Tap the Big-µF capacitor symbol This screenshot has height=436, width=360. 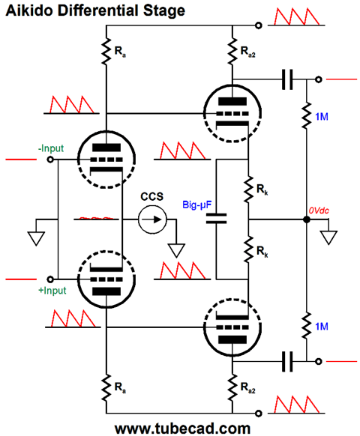pos(216,219)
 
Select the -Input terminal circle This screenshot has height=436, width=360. pos(50,160)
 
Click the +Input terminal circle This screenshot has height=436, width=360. pos(50,279)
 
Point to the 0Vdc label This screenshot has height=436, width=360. pos(319,211)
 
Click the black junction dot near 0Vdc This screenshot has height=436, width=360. pos(307,219)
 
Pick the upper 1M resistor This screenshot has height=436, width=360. pos(307,115)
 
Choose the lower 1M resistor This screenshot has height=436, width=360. pos(307,325)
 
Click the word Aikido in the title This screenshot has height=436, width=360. pos(29,10)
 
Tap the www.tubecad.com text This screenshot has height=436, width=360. pos(182,429)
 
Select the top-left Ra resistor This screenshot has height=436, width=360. pos(106,52)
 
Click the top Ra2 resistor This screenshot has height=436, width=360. pos(232,52)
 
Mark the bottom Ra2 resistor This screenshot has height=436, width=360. pos(232,387)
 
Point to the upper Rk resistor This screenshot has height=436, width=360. pos(248,189)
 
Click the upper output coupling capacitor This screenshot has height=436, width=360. pos(287,79)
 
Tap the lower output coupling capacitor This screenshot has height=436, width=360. pos(287,362)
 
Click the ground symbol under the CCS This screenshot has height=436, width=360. pos(176,250)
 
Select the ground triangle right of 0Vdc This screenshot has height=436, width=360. pos(328,237)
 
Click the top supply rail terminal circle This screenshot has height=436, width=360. pos(259,25)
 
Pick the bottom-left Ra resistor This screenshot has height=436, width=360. pos(106,387)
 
